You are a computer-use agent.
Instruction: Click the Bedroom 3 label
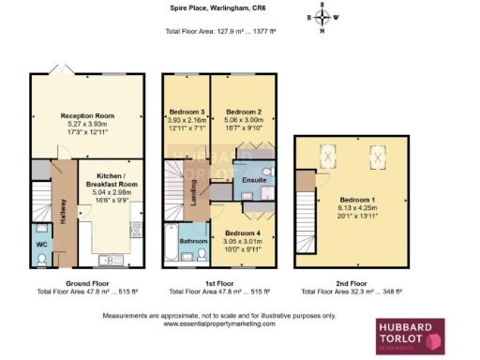coord(186,112)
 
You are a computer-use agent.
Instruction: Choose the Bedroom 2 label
coord(243,112)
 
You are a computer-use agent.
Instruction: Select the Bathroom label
coord(194,241)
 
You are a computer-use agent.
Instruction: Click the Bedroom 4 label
coord(243,232)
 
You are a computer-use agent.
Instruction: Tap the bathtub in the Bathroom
coord(175,244)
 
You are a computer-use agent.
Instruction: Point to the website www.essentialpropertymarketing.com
coord(223,323)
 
